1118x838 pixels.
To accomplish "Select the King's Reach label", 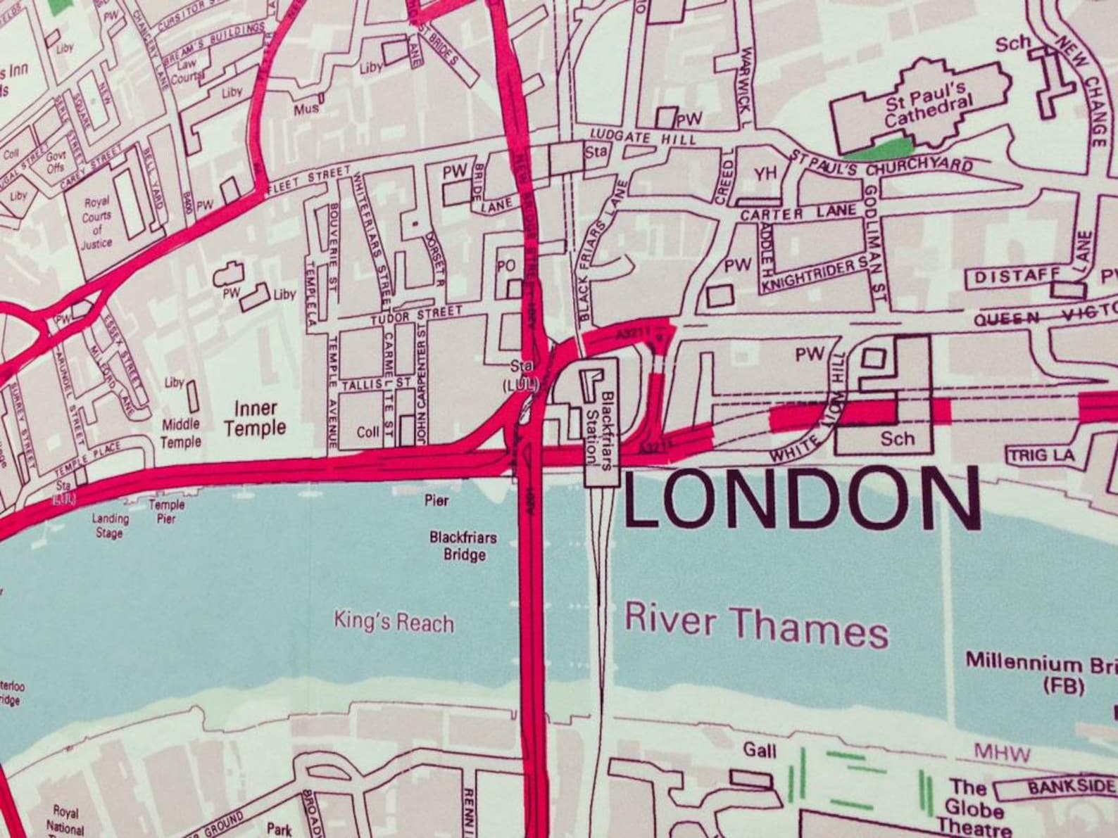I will tap(394, 623).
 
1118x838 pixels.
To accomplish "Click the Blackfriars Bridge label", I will tap(463, 546).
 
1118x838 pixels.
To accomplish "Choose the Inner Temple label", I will tap(255, 418).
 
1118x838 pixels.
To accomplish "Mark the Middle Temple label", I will tap(181, 433).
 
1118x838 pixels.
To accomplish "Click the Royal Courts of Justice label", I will tap(96, 223).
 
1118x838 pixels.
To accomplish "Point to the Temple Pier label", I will tap(167, 512).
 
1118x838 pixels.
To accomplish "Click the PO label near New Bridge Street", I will tap(506, 266).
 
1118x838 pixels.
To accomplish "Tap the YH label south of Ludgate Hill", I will tap(764, 174).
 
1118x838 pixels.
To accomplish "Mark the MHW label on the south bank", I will tap(1003, 755).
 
